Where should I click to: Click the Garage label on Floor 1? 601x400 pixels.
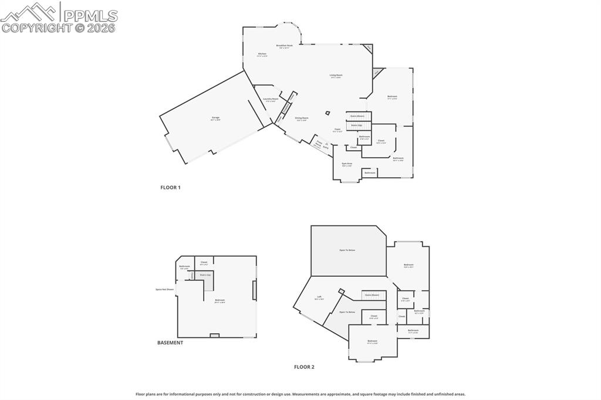coord(215,118)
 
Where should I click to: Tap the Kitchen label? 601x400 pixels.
coord(262,54)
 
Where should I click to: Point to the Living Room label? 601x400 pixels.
coord(336,75)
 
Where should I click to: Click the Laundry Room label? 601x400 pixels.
coord(271,99)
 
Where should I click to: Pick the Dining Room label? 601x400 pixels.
coord(302,118)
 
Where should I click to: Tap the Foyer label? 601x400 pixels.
coord(337,129)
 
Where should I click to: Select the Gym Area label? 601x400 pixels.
coord(346,164)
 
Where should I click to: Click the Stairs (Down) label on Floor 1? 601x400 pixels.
coord(357,116)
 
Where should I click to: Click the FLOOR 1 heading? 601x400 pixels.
coord(170,188)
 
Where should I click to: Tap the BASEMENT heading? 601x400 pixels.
coord(170,343)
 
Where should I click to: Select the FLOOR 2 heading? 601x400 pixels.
coord(304,367)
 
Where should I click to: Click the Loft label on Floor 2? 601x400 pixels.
coord(319,297)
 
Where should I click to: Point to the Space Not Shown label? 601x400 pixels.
coord(164,289)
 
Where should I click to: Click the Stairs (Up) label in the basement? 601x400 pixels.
coord(205,274)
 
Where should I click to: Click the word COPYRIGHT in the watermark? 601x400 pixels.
coord(37,28)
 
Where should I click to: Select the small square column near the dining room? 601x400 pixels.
coord(328,113)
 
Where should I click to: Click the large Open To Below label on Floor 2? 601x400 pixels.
coord(347,250)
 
